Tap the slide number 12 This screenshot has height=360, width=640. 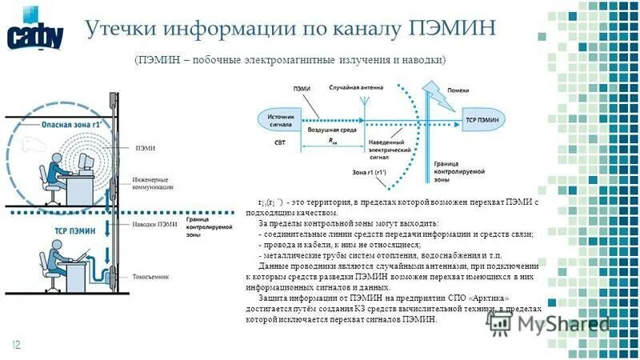click(x=15, y=344)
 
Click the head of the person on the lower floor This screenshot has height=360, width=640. click(x=44, y=258)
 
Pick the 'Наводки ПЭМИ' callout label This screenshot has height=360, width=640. click(x=155, y=225)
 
